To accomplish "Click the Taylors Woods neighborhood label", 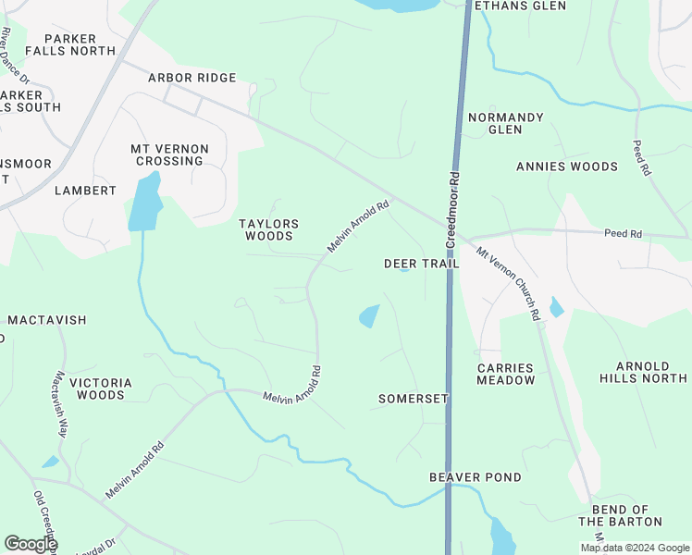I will [269, 229].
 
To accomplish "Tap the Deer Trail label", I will [421, 264].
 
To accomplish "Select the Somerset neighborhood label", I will [414, 399].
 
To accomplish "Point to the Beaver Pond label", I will [476, 477].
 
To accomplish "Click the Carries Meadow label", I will [506, 374].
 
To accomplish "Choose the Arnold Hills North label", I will [651, 372].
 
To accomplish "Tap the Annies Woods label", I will [566, 166].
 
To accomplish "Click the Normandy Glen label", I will [506, 123].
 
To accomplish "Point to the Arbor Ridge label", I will [192, 78].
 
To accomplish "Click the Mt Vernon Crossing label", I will [169, 154].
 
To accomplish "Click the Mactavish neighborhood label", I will [47, 320].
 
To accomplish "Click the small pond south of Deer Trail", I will [369, 316].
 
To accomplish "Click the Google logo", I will [30, 544].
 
